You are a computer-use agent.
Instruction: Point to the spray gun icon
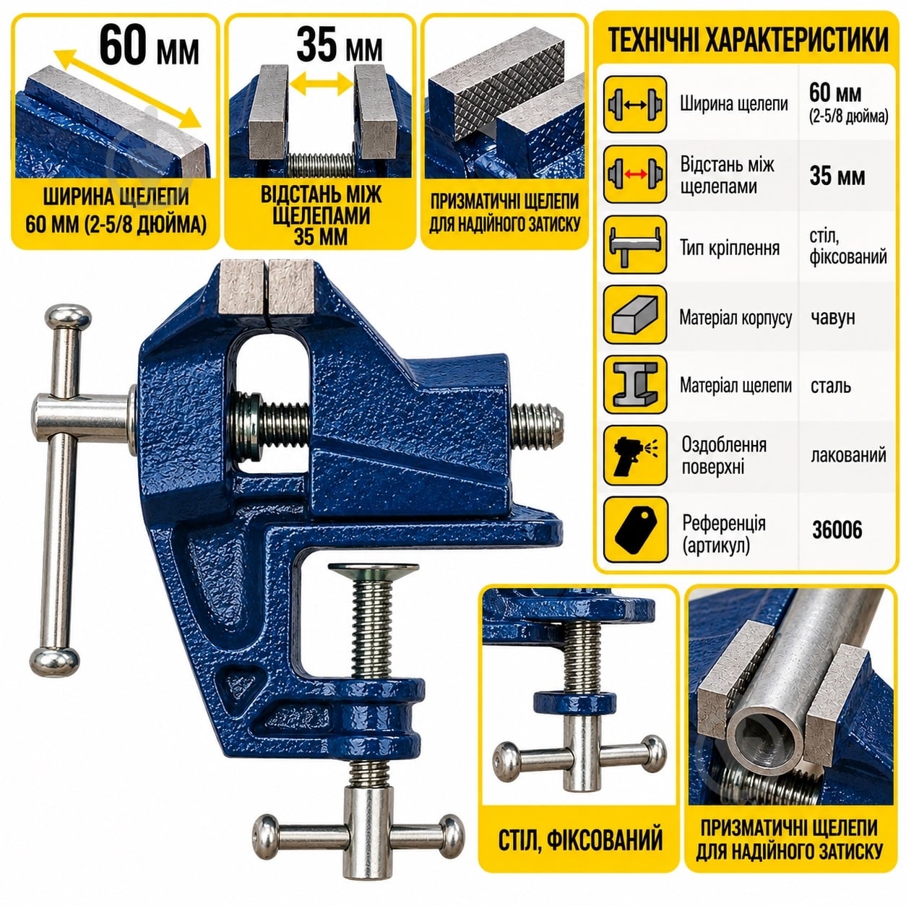635,456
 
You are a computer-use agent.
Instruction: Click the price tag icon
635,528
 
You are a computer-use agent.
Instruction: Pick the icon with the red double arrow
635,174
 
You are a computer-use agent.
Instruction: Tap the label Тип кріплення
729,247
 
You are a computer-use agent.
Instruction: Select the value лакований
848,455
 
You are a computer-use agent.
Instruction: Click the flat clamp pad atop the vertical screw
374,571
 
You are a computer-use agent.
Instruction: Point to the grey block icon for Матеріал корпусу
635,315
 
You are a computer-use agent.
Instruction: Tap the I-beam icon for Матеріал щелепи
635,385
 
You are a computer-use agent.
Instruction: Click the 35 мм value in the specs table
837,177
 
